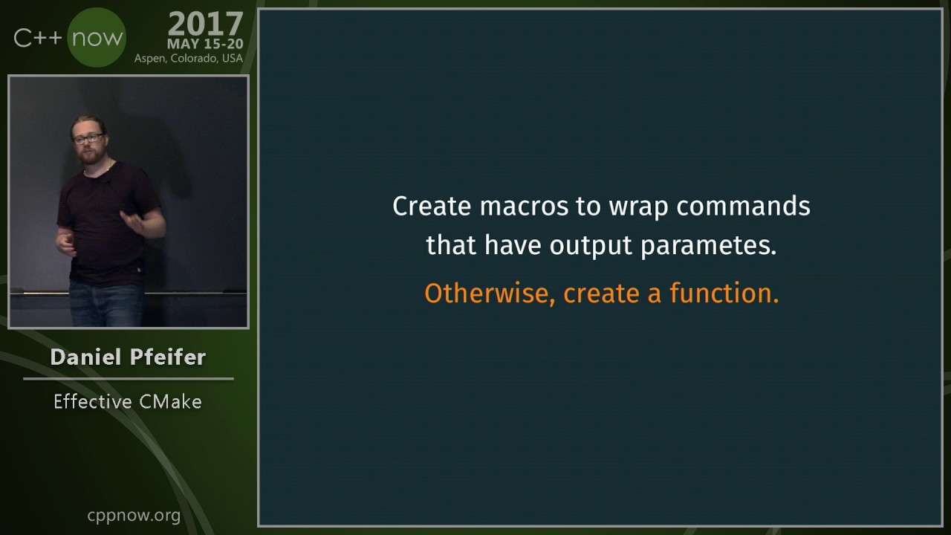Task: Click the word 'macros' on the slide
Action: pyautogui.click(x=524, y=207)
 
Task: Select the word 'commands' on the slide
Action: pyautogui.click(x=744, y=207)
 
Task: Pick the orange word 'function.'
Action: pyautogui.click(x=724, y=293)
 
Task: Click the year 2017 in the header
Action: pyautogui.click(x=206, y=25)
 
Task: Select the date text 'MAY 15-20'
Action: pyautogui.click(x=205, y=44)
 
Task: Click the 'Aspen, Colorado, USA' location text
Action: pyautogui.click(x=189, y=59)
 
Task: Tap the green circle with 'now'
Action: pyautogui.click(x=97, y=37)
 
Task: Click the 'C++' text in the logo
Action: pyautogui.click(x=38, y=38)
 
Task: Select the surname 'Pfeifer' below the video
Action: pyautogui.click(x=168, y=357)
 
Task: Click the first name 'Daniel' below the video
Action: pyautogui.click(x=85, y=357)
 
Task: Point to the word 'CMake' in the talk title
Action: pyautogui.click(x=170, y=402)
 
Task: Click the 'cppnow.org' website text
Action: pyautogui.click(x=134, y=516)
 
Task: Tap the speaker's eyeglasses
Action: pyautogui.click(x=88, y=138)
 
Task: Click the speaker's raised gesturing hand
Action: pyautogui.click(x=132, y=221)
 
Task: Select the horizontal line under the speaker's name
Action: pyautogui.click(x=129, y=379)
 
